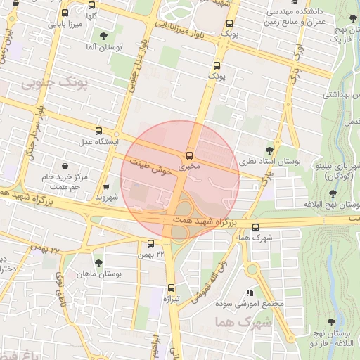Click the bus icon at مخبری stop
point(188,155)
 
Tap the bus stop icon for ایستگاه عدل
point(98,131)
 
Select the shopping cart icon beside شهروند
point(106,187)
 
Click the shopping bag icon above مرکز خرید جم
point(65,167)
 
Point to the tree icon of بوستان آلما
point(105,35)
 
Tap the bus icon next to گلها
point(65,13)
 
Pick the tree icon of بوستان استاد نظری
point(270,150)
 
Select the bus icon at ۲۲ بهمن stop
point(151,243)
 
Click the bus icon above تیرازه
point(171,288)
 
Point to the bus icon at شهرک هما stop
point(255,227)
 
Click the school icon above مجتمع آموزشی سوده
point(248,292)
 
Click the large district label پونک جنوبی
point(57,84)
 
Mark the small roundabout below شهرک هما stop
point(252,269)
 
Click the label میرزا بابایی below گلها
point(65,25)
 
